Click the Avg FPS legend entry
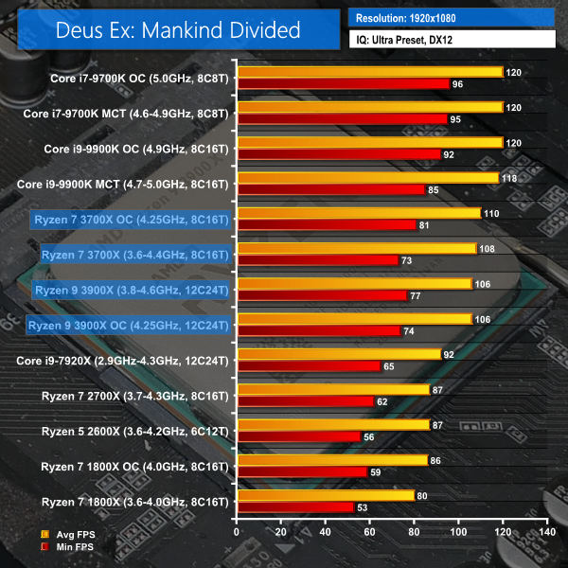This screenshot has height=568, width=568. (77, 535)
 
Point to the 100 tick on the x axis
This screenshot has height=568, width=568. (458, 533)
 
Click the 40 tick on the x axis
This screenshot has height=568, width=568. (327, 533)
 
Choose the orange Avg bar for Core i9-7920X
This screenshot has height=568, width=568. (340, 354)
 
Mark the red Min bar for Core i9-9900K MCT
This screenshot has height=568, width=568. (332, 189)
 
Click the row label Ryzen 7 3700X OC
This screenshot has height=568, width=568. (130, 219)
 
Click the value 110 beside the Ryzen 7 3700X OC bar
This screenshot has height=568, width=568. (490, 213)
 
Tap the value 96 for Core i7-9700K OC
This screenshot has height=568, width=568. (459, 83)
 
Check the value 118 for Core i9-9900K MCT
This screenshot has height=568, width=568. (507, 177)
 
